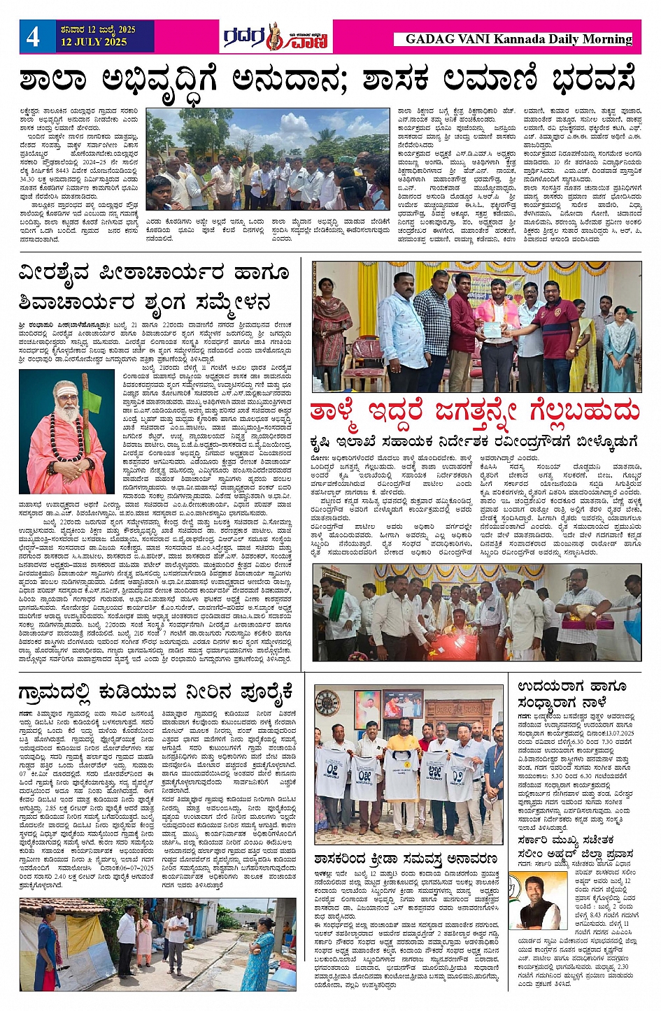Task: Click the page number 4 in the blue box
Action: pos(33,36)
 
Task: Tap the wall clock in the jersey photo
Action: pos(327,701)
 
